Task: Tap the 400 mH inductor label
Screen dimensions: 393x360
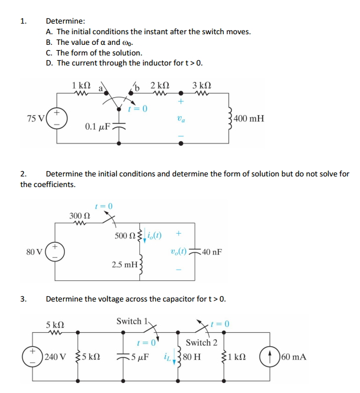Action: (x=249, y=119)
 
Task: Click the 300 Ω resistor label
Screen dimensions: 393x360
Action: (x=78, y=215)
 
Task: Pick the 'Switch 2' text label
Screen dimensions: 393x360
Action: (x=202, y=342)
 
